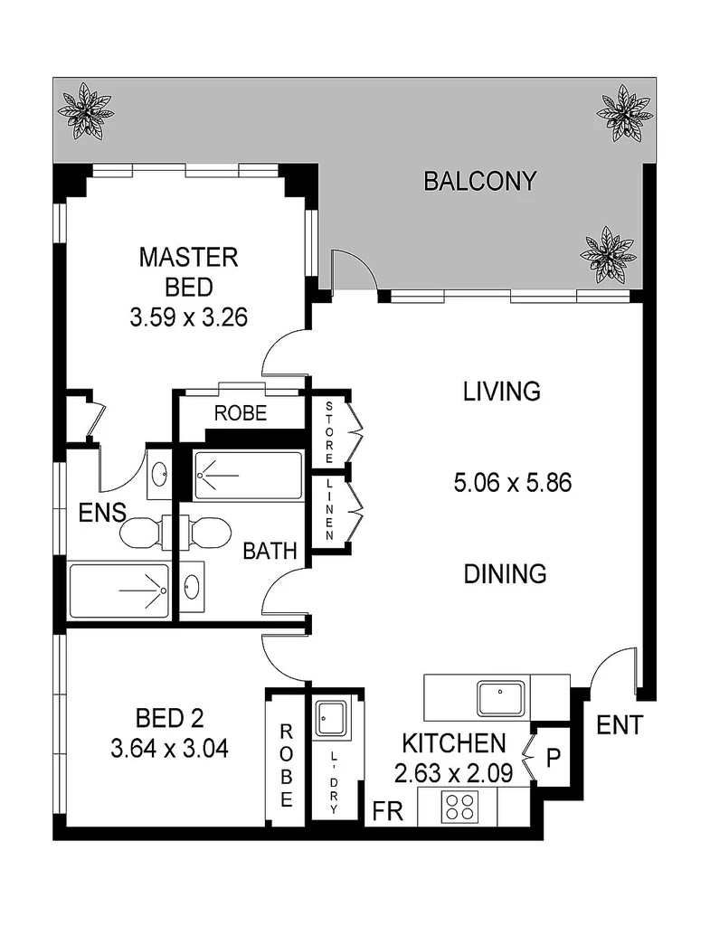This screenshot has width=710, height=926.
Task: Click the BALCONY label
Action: (x=479, y=181)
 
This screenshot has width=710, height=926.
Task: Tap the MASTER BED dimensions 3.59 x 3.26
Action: (x=188, y=318)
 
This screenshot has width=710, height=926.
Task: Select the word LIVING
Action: (x=501, y=392)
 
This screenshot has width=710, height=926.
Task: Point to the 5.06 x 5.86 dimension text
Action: (x=512, y=483)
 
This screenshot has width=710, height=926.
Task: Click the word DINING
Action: (x=506, y=573)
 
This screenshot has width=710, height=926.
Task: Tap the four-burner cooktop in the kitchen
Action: (x=459, y=805)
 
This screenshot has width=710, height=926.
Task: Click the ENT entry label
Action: (x=620, y=725)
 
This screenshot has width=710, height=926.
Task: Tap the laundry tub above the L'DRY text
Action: (x=327, y=719)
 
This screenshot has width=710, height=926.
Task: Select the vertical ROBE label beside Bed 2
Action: (x=286, y=765)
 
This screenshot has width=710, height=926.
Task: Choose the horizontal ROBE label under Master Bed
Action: (x=240, y=414)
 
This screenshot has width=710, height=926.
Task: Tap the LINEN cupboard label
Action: (x=330, y=511)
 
